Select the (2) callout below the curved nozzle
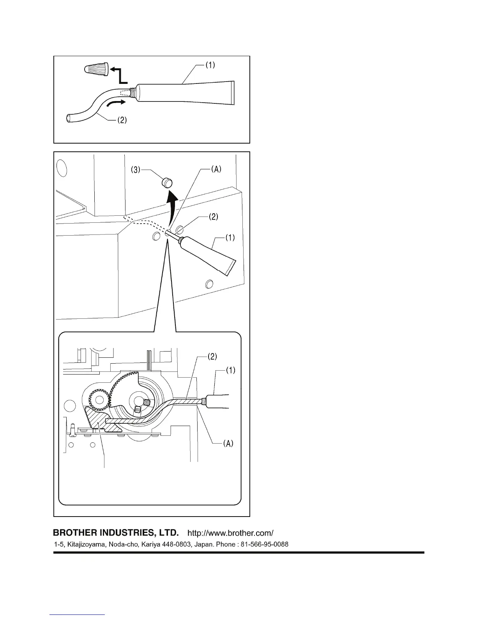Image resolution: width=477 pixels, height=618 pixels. [x=122, y=121]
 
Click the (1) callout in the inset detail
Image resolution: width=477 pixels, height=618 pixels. [x=231, y=370]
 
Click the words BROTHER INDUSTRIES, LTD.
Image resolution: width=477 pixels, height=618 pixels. [x=116, y=533]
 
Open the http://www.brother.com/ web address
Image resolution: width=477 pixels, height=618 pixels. [x=231, y=533]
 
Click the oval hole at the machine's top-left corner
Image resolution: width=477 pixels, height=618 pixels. [x=61, y=168]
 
